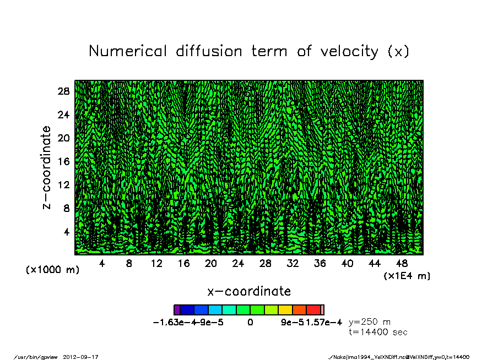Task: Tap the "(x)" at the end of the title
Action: pyautogui.click(x=398, y=52)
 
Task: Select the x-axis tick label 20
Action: pyautogui.click(x=211, y=264)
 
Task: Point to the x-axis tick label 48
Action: pyautogui.click(x=402, y=264)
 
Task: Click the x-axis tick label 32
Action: pyautogui.click(x=293, y=264)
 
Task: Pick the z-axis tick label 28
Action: pyautogui.click(x=64, y=91)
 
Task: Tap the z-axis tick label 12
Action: pyautogui.click(x=64, y=185)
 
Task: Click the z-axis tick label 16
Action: pyautogui.click(x=64, y=162)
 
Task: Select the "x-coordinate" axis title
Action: pyautogui.click(x=249, y=291)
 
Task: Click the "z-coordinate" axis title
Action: pyautogui.click(x=47, y=167)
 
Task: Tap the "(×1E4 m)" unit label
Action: pyautogui.click(x=407, y=275)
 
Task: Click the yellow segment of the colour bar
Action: pyautogui.click(x=285, y=310)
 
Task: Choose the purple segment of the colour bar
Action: pyautogui.click(x=177, y=310)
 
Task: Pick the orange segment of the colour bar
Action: pyautogui.click(x=300, y=310)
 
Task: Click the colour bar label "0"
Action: pyautogui.click(x=250, y=323)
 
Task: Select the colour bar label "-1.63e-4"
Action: pyautogui.click(x=172, y=323)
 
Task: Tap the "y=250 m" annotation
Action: pyautogui.click(x=370, y=322)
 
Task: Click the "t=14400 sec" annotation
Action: pyautogui.click(x=378, y=332)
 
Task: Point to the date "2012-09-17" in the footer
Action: pyautogui.click(x=85, y=357)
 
